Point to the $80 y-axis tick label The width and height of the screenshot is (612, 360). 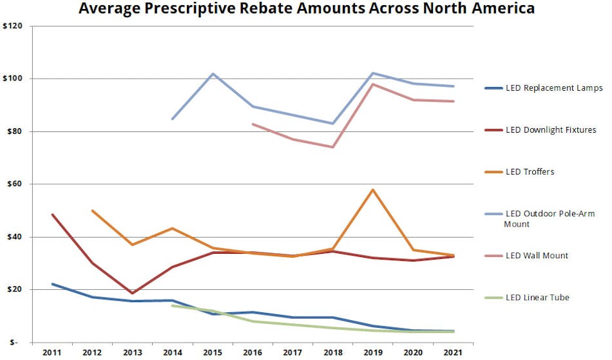(x=15, y=131)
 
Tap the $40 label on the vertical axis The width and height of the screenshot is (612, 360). (x=15, y=237)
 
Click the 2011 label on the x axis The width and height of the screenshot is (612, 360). (x=52, y=353)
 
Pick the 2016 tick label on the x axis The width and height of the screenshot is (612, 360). (x=253, y=353)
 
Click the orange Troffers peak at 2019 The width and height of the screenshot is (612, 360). (x=373, y=190)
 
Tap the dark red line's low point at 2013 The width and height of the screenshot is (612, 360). (x=132, y=293)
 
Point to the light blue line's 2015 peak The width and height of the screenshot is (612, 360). (x=213, y=73)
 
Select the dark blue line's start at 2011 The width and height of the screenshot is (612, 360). (x=52, y=284)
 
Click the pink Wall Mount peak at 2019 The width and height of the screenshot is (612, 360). (x=373, y=84)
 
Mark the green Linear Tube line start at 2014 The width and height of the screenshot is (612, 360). (x=173, y=305)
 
